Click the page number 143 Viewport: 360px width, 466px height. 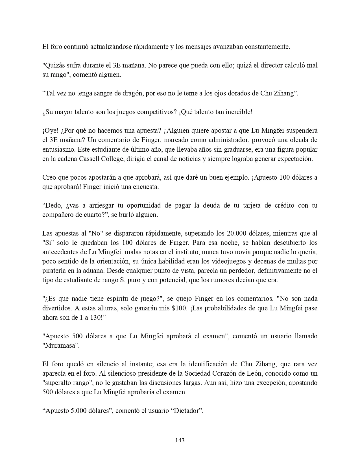point(180,440)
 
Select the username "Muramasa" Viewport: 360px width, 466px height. point(60,345)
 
